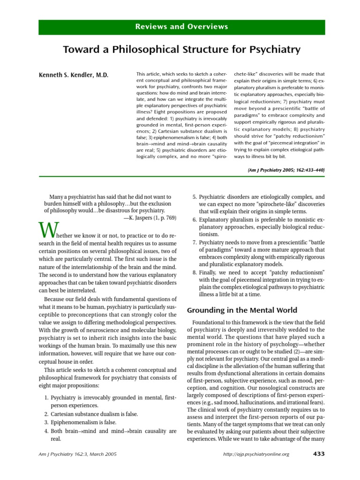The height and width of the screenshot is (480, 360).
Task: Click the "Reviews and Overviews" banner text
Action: point(181,26)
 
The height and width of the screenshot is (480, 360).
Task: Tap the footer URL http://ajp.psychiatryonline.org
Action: point(257,454)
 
